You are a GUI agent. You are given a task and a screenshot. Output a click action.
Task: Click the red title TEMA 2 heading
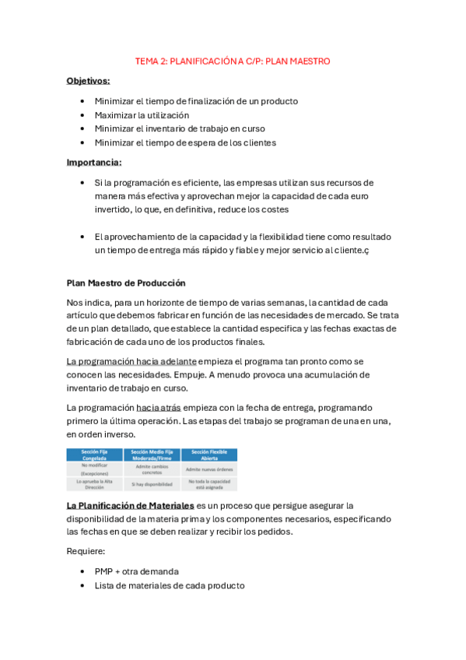pos(233,60)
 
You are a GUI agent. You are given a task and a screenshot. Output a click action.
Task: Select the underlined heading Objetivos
pos(88,80)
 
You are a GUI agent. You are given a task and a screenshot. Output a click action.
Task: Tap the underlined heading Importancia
pos(93,162)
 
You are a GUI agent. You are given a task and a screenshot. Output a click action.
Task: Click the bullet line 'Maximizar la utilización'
pos(142,115)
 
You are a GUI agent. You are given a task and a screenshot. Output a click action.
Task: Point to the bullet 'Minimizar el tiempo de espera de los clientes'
pos(185,142)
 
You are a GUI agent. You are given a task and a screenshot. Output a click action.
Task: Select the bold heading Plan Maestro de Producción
pos(126,283)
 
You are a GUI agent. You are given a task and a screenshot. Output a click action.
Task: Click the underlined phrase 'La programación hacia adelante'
pos(131,361)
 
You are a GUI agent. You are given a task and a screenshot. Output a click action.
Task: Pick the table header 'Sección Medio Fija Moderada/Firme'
pos(152,455)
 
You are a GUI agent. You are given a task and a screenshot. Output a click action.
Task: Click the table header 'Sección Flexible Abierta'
pos(209,455)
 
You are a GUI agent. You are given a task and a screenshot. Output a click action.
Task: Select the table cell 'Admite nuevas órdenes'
pos(209,469)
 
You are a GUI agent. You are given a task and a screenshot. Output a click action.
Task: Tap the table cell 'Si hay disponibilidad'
pos(152,483)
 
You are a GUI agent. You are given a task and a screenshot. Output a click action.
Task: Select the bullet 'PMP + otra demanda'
pos(136,570)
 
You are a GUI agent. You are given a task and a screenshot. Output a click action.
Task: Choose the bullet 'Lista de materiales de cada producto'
pos(170,585)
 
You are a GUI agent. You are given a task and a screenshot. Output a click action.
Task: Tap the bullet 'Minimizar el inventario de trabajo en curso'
pos(180,128)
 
